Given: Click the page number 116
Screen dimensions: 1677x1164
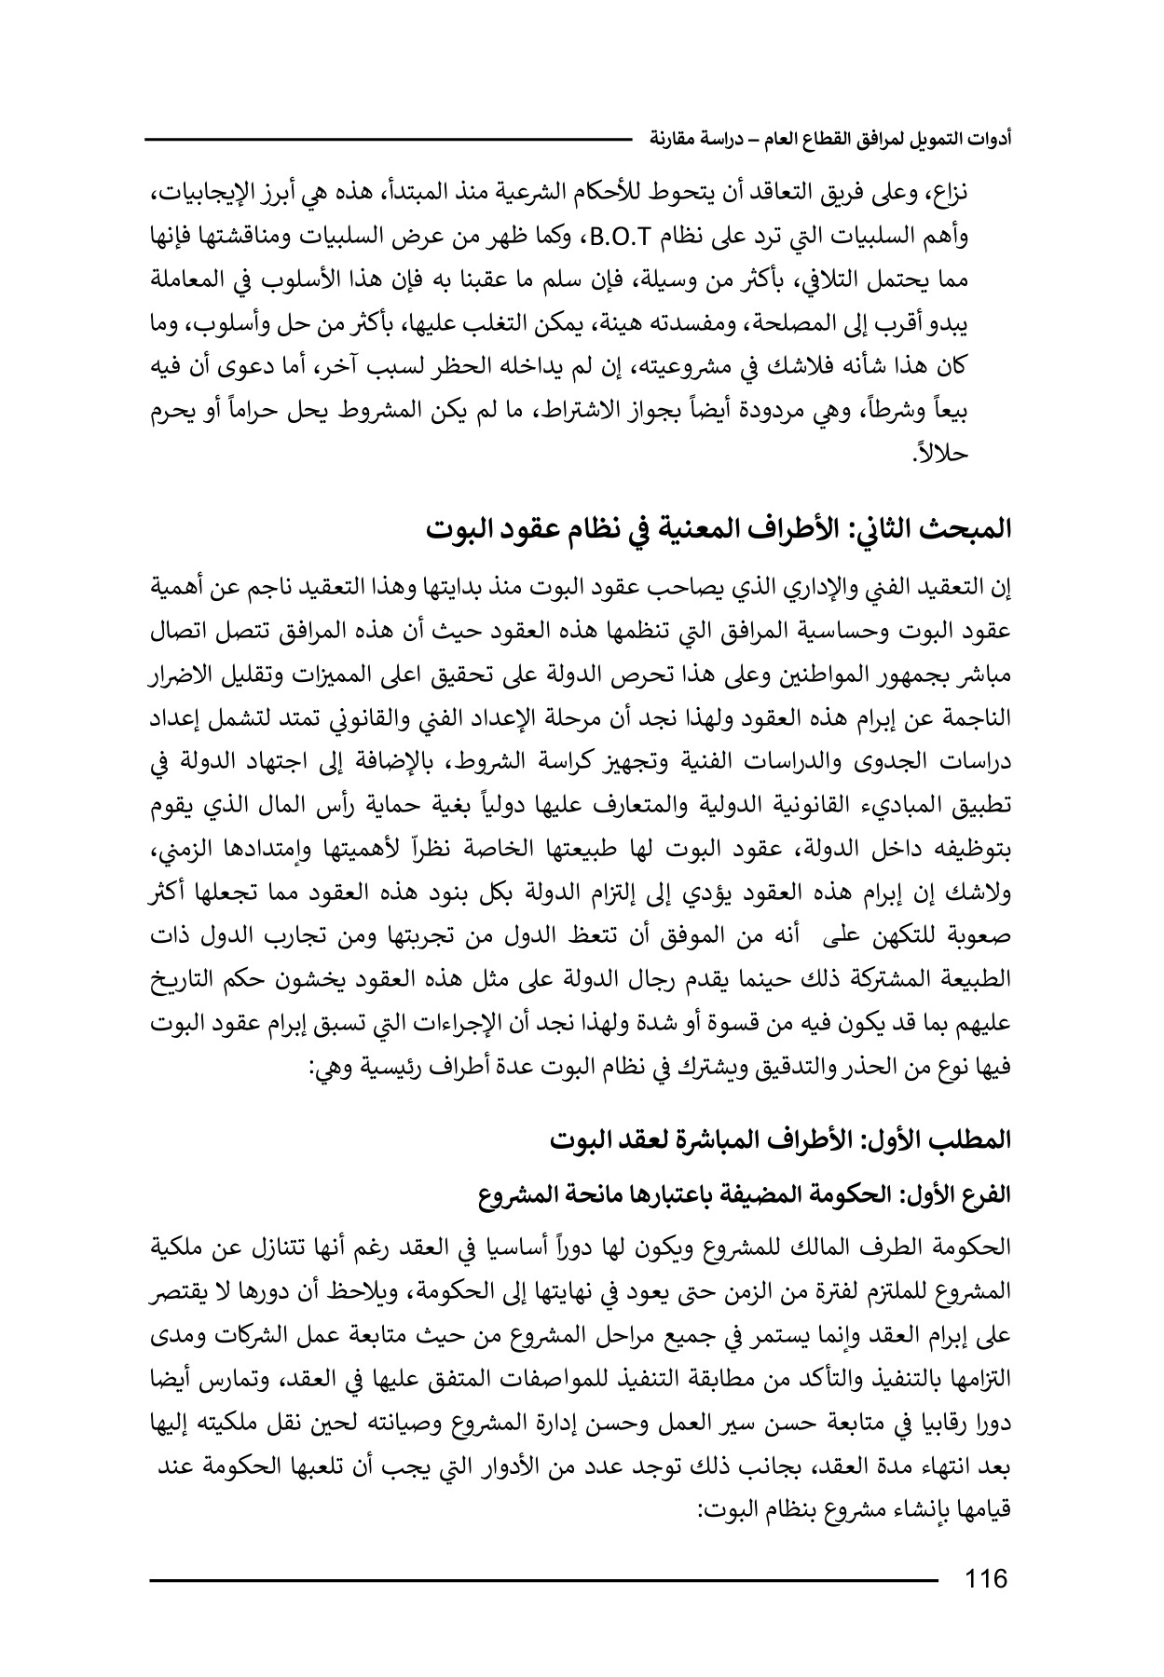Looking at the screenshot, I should click(x=987, y=1579).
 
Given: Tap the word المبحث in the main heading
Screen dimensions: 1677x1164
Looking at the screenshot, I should click(x=969, y=529).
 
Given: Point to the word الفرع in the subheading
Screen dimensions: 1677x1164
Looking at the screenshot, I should click(x=990, y=1193).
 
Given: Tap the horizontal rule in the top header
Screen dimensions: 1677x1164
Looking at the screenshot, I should click(x=388, y=140).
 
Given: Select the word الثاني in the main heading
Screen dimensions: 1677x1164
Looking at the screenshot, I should click(x=879, y=529).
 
